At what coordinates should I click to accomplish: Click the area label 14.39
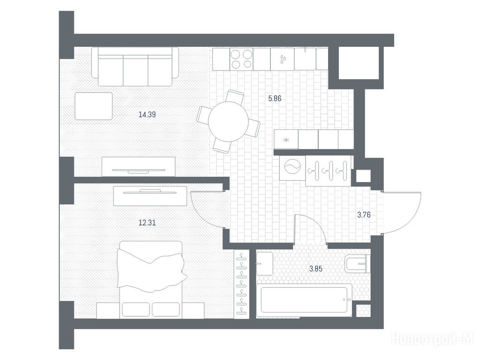(x=147, y=115)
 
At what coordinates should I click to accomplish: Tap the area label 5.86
(x=275, y=98)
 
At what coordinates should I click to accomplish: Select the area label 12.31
(x=147, y=223)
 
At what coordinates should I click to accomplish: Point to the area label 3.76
(x=364, y=215)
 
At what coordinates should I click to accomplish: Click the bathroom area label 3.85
(x=315, y=269)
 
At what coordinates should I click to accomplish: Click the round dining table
(x=228, y=121)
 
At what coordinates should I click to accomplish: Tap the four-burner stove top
(x=241, y=59)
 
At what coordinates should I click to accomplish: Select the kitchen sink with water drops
(x=282, y=59)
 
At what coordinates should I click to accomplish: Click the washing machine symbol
(x=292, y=167)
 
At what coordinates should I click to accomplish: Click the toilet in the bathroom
(x=357, y=263)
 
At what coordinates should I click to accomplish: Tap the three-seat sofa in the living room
(x=135, y=67)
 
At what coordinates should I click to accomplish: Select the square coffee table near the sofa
(x=93, y=106)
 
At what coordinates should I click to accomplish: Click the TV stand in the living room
(x=138, y=166)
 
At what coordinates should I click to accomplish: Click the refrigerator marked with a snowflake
(x=286, y=140)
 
